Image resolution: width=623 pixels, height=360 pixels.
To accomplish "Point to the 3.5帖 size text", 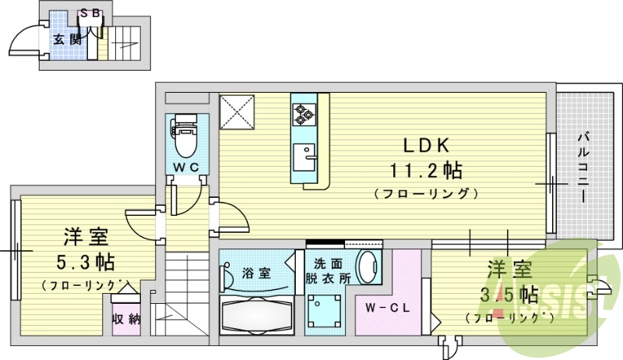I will pyautogui.click(x=510, y=295).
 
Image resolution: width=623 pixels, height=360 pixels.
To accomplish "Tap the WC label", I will pyautogui.click(x=187, y=167).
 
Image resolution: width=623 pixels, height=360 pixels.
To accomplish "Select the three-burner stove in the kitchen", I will pyautogui.click(x=302, y=115).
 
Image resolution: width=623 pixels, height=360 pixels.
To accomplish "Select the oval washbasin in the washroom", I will pyautogui.click(x=367, y=269).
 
